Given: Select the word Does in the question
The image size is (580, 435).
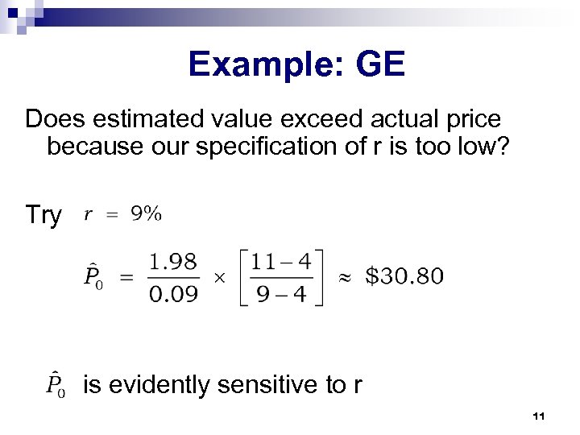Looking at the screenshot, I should point(56,119).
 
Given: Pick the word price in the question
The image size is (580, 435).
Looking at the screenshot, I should point(470,119).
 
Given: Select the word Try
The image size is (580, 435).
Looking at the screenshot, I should point(43,215).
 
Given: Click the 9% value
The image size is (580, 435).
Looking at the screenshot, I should point(147,214).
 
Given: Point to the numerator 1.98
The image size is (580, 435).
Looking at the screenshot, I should point(174,263).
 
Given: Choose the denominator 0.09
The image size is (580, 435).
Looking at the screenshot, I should point(174,293).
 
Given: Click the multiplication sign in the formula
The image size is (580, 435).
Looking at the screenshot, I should point(219,278).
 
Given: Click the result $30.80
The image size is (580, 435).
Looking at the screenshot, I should point(404,277).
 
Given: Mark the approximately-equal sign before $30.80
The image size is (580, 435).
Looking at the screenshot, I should point(345,277).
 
